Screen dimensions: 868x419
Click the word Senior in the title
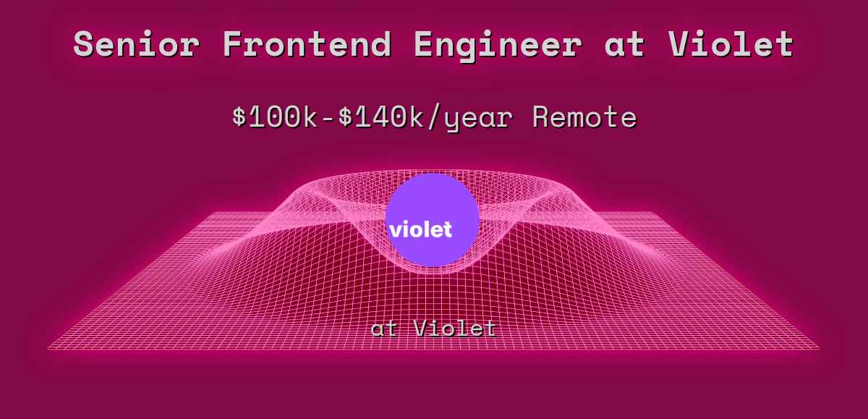pos(137,44)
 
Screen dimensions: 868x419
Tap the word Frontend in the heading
pos(307,44)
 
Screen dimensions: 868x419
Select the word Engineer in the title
pos(498,46)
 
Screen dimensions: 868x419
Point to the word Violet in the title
pos(731,44)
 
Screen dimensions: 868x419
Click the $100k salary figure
pos(275,117)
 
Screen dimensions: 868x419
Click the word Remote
pos(584,117)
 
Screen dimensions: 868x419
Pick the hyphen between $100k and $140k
pos(328,119)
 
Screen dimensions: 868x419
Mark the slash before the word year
pos(433,117)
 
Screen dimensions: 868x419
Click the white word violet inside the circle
pos(421,229)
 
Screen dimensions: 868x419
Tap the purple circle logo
pos(433,219)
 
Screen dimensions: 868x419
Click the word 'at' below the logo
pos(384,329)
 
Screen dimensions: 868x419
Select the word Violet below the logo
pos(455,329)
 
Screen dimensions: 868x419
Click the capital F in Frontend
pos(235,44)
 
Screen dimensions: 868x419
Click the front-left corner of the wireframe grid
pos(48,350)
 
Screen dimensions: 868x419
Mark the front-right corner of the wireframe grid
pos(819,350)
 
